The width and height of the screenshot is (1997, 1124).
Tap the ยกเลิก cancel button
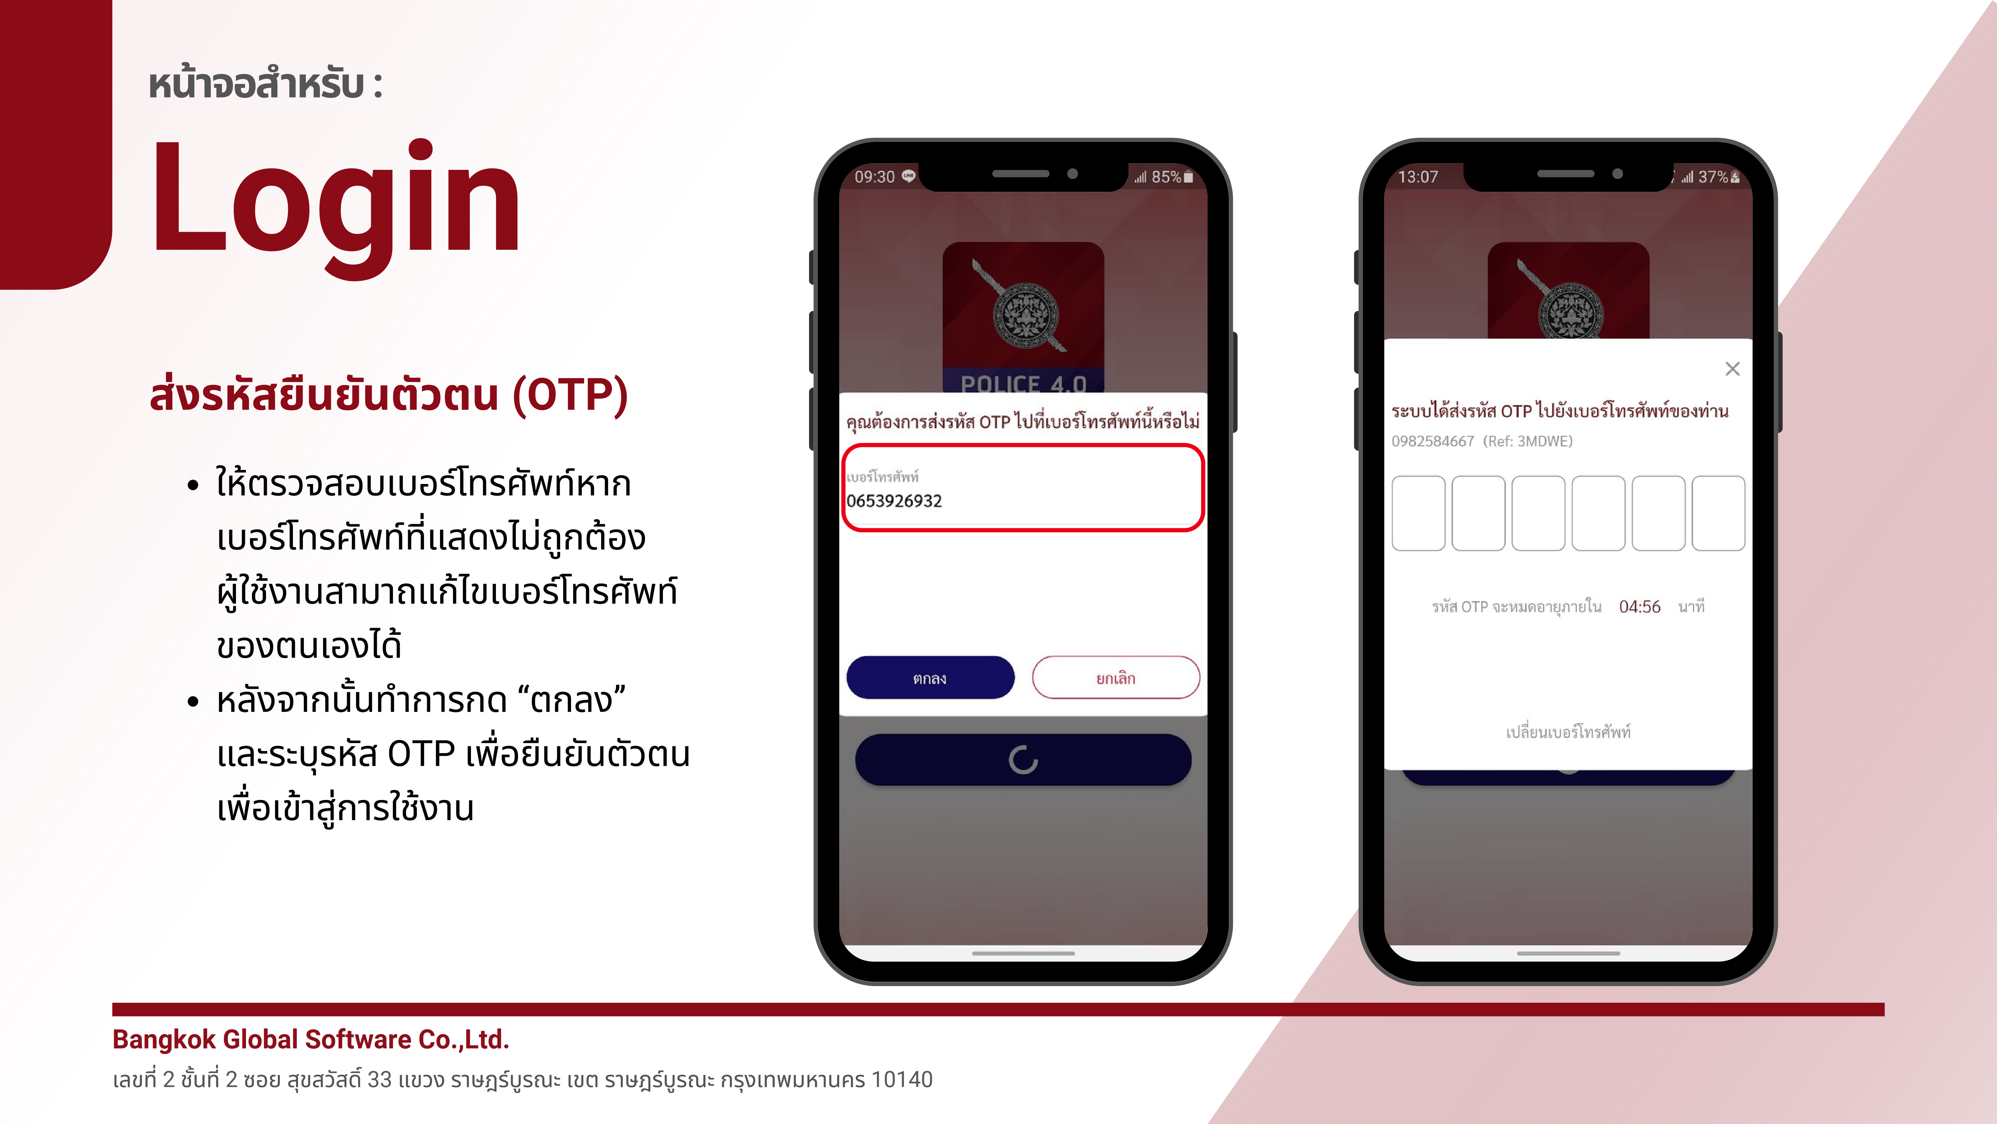click(1116, 678)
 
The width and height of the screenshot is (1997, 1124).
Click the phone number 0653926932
click(894, 501)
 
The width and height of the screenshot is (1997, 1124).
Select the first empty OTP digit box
click(1419, 514)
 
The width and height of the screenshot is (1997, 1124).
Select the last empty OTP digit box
click(1718, 514)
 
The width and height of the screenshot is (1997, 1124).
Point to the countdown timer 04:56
click(1640, 606)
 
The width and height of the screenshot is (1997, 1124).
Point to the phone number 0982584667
click(1433, 441)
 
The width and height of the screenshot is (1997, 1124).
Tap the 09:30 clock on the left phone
click(874, 177)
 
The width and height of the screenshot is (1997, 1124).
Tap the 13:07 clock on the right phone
click(1418, 177)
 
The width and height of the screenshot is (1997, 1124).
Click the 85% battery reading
click(1166, 177)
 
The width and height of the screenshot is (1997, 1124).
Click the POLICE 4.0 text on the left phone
click(1023, 383)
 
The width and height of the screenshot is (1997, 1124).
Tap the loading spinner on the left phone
click(1023, 760)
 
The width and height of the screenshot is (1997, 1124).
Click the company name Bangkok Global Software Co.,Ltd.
click(311, 1039)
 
